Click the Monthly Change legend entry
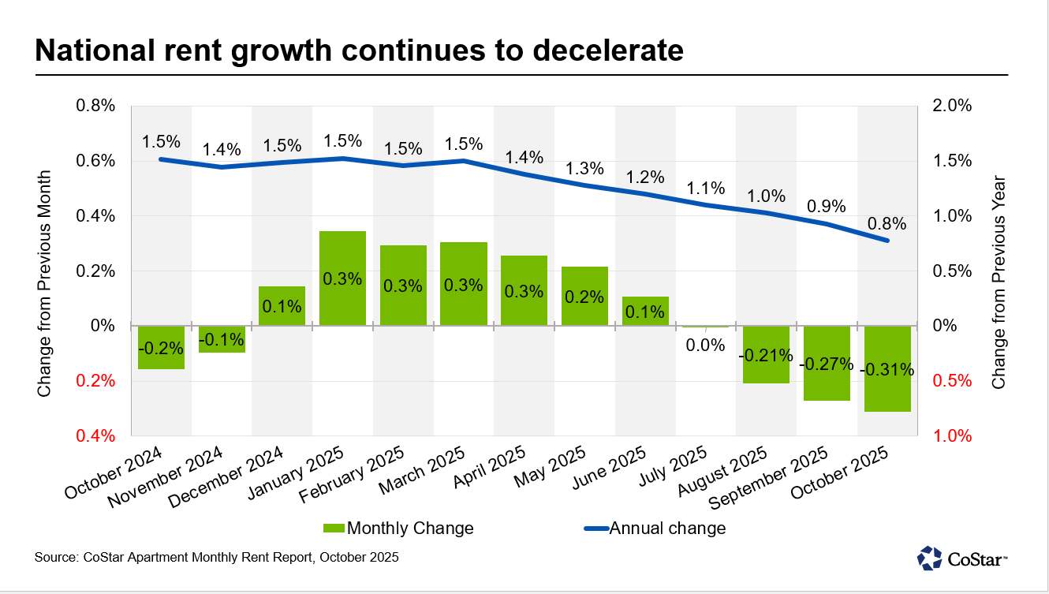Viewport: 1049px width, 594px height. point(398,529)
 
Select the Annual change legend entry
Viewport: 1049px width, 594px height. point(654,529)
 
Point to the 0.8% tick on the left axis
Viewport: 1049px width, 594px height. point(95,106)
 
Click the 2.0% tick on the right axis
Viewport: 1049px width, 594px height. point(953,106)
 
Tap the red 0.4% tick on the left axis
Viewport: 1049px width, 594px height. point(95,436)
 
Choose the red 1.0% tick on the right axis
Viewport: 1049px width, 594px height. point(953,436)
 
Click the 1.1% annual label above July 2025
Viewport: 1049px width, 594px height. point(706,188)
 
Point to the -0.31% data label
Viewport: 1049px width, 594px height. point(887,369)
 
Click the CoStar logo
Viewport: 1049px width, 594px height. point(961,558)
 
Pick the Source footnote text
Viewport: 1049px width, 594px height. point(217,558)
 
